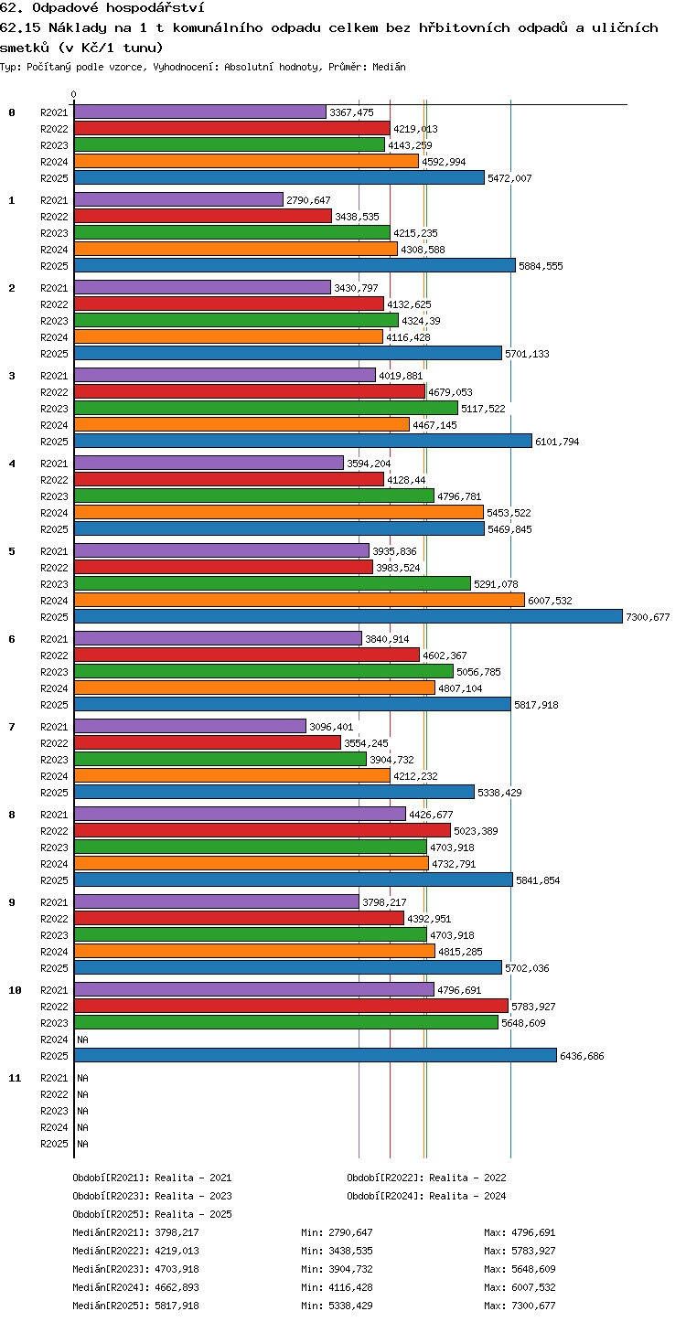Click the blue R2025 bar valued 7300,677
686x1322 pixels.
point(348,617)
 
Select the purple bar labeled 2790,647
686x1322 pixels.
point(179,200)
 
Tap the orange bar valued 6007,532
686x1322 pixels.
point(299,601)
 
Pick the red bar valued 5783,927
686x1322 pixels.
point(291,1007)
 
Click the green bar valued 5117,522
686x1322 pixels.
point(266,409)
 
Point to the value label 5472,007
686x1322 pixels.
point(509,178)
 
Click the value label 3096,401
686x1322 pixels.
point(331,727)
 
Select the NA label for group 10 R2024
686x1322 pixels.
point(82,1039)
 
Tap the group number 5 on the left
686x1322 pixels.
point(12,551)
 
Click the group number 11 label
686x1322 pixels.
point(15,1078)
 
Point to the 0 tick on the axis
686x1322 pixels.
point(74,94)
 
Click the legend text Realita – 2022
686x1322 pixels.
point(467,1178)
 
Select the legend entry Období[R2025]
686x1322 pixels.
point(111,1214)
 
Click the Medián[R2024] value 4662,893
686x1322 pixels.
point(177,1287)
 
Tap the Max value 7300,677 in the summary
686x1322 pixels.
point(533,1306)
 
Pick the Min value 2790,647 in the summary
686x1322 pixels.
point(350,1232)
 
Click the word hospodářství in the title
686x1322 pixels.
point(155,8)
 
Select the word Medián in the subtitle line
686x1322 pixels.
point(389,67)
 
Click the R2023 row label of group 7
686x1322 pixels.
point(54,760)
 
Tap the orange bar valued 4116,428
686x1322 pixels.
point(229,337)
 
